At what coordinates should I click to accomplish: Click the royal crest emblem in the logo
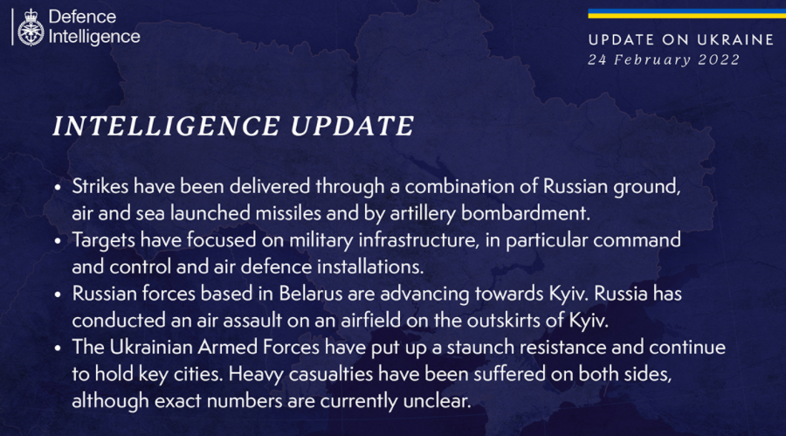31,28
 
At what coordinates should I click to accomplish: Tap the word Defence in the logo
82,17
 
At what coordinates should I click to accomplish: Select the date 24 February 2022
664,59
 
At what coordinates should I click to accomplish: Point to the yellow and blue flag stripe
686,14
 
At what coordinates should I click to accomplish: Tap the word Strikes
100,186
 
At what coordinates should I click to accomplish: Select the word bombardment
525,213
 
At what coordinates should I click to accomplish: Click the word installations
370,266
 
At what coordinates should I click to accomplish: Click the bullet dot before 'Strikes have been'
59,188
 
